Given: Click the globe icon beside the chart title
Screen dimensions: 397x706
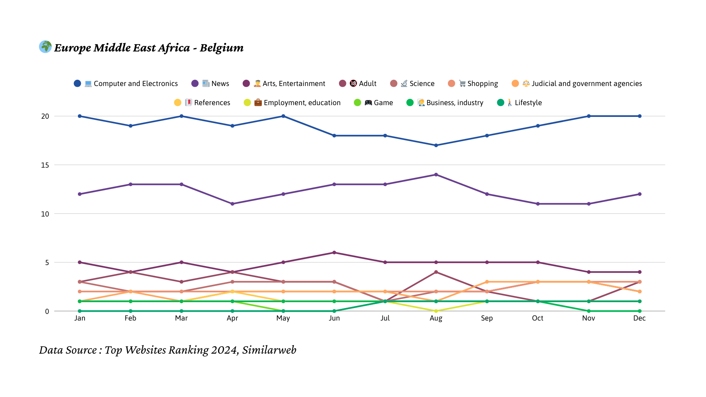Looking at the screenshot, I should coord(45,47).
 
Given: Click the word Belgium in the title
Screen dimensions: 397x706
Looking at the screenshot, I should coord(221,48).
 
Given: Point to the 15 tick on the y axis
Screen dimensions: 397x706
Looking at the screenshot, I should coord(45,165).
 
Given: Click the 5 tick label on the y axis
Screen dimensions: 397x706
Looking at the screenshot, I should coord(47,262).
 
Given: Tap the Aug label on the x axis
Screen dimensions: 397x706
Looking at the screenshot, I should coord(436,318).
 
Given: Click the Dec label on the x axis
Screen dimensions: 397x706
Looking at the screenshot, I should coord(639,318).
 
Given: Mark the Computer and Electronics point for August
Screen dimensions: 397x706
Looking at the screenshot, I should coord(436,146).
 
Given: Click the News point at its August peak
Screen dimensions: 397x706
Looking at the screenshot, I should coord(436,175).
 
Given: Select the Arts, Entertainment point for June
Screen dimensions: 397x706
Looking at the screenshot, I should coord(334,253).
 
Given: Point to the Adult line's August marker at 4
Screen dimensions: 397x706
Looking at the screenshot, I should coord(436,272).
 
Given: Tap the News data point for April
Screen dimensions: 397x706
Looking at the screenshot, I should coord(232,204).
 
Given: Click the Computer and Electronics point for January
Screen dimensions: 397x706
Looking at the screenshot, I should coord(80,116).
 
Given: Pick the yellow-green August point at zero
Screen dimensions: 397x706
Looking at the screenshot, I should coord(436,311).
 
